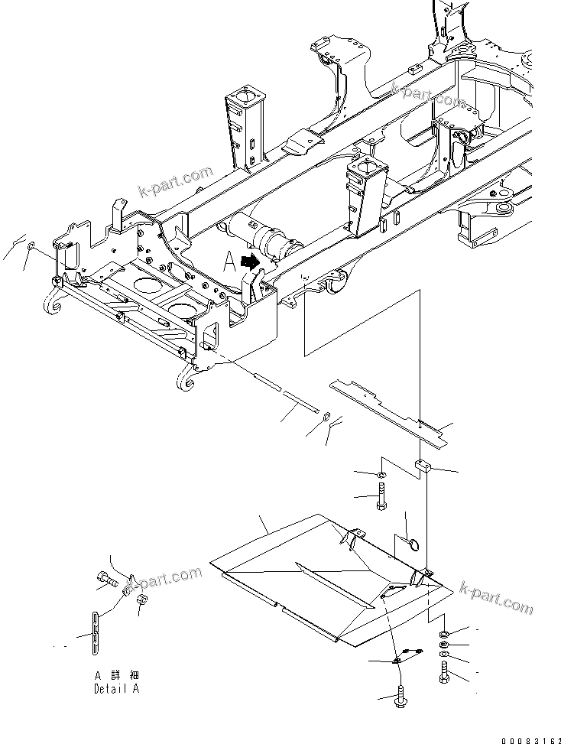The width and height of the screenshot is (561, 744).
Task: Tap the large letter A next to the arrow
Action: [227, 262]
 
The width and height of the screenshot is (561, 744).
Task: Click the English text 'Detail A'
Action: [116, 688]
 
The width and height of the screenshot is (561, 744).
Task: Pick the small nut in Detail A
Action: [140, 606]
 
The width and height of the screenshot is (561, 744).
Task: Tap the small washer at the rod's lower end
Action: [326, 417]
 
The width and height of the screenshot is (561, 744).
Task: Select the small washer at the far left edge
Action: [30, 248]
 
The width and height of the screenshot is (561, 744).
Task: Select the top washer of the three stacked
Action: [445, 634]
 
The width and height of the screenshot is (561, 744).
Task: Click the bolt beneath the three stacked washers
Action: [446, 675]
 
